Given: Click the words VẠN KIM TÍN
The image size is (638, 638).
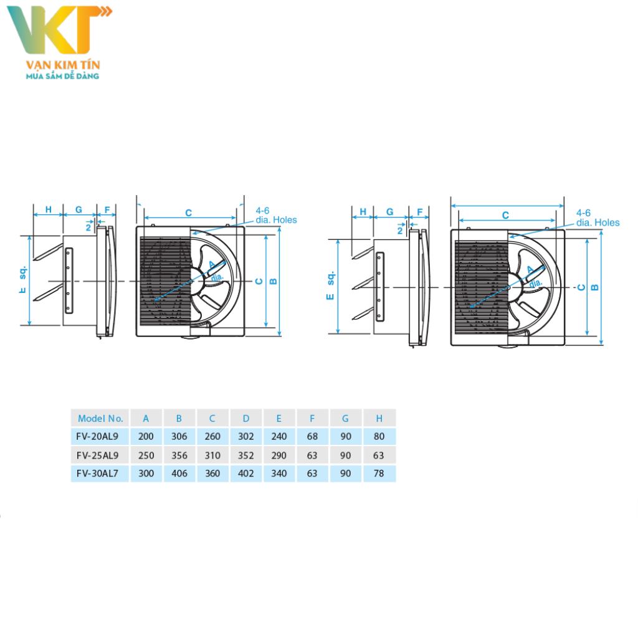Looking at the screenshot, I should pyautogui.click(x=62, y=65).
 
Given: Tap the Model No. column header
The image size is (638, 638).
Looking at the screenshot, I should pyautogui.click(x=100, y=418).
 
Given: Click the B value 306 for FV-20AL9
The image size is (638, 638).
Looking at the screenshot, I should pyautogui.click(x=179, y=437).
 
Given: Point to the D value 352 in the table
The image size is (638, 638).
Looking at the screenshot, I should pyautogui.click(x=246, y=455).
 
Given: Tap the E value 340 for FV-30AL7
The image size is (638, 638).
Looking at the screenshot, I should pyautogui.click(x=279, y=474).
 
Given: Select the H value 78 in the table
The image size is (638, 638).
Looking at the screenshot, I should pyautogui.click(x=379, y=474).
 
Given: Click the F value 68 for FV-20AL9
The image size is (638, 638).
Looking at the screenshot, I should pyautogui.click(x=312, y=437).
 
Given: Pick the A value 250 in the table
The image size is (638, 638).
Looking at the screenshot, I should pyautogui.click(x=146, y=455).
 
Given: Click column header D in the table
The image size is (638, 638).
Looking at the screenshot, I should pyautogui.click(x=246, y=418).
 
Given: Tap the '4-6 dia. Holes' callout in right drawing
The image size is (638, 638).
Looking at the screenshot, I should pyautogui.click(x=598, y=217).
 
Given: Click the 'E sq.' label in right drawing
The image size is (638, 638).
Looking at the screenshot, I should pyautogui.click(x=330, y=285).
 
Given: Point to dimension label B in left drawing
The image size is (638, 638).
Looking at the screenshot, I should pyautogui.click(x=273, y=281).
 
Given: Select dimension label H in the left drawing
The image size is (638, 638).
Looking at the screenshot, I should pyautogui.click(x=48, y=209).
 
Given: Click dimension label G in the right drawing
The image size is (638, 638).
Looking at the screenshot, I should pyautogui.click(x=389, y=212).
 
